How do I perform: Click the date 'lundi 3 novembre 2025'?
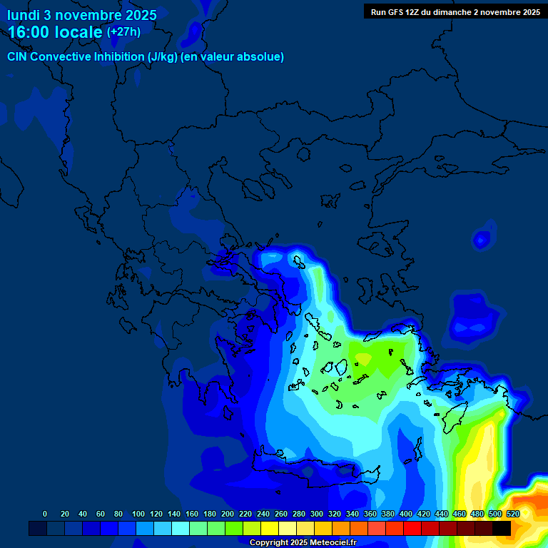click(82, 15)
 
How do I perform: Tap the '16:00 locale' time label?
click(56, 32)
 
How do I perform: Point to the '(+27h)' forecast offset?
click(123, 31)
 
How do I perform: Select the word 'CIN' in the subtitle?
click(18, 57)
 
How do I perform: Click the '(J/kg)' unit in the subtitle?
click(156, 57)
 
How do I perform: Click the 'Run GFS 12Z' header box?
click(455, 11)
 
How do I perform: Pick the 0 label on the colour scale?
click(45, 514)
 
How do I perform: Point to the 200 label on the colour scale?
click(208, 514)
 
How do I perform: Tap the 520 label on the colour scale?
click(512, 514)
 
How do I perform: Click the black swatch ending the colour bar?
click(502, 528)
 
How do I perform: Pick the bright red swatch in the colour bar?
click(412, 528)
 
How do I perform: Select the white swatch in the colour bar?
click(288, 528)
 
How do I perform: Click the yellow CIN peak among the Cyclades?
click(362, 357)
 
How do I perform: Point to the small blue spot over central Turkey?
click(483, 240)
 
